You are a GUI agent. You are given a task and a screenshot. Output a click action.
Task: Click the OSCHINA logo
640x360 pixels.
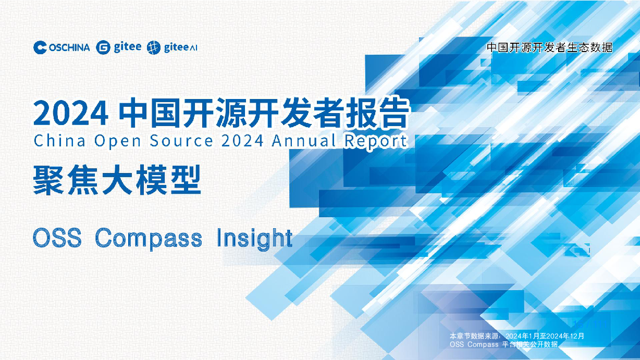point(61,47)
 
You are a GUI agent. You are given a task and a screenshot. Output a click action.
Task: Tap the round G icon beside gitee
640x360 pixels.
point(103,47)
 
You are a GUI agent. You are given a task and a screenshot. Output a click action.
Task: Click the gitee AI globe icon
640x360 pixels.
point(154,47)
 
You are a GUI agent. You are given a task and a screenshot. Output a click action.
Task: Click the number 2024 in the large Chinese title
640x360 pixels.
point(71,114)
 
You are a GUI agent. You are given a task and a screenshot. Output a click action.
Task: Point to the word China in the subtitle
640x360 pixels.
point(59,141)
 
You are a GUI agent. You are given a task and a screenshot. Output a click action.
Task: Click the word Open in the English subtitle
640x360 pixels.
point(117,141)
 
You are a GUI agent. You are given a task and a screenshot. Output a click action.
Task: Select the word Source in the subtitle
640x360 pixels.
point(181,141)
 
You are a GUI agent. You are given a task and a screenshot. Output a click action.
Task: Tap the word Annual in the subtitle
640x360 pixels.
point(303,140)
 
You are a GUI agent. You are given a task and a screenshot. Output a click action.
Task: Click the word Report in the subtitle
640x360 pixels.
point(376,141)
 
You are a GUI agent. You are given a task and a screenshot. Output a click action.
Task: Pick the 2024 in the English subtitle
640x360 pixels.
point(242,141)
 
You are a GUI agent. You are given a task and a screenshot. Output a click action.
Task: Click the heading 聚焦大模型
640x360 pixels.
point(117,180)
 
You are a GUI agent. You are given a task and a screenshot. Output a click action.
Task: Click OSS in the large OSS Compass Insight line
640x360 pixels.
point(57,238)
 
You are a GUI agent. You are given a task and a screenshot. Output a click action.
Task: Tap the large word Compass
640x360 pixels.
point(149,239)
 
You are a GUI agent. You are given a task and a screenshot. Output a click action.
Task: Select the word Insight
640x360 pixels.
point(254,239)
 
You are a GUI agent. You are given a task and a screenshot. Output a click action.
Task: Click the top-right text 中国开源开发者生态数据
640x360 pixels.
point(549,47)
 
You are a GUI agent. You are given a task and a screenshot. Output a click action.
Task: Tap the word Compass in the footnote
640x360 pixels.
point(483,344)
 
